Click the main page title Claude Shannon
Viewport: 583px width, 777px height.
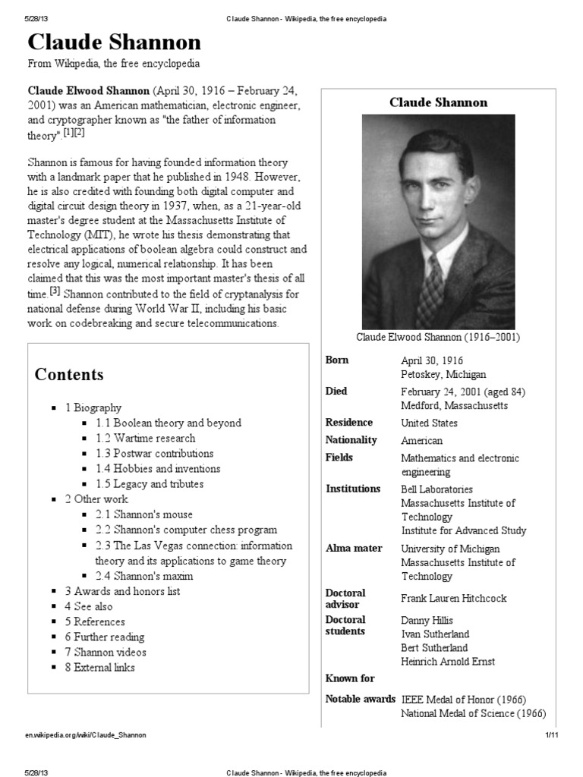[115, 42]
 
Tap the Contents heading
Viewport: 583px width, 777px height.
[69, 375]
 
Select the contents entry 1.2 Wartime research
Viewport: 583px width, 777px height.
[146, 438]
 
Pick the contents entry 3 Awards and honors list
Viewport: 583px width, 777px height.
[122, 591]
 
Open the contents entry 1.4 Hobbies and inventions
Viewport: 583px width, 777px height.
[158, 468]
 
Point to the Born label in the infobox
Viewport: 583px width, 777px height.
[337, 360]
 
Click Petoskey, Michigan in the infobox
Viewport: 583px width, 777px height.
[443, 374]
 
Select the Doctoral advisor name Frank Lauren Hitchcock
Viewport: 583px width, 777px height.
[453, 598]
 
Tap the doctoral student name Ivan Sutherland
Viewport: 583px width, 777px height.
[435, 634]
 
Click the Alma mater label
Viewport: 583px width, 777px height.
[354, 548]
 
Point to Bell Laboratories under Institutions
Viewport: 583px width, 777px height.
[436, 489]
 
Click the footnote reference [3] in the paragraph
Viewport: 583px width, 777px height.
[55, 292]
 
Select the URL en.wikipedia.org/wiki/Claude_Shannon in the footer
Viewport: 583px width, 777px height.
[86, 735]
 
